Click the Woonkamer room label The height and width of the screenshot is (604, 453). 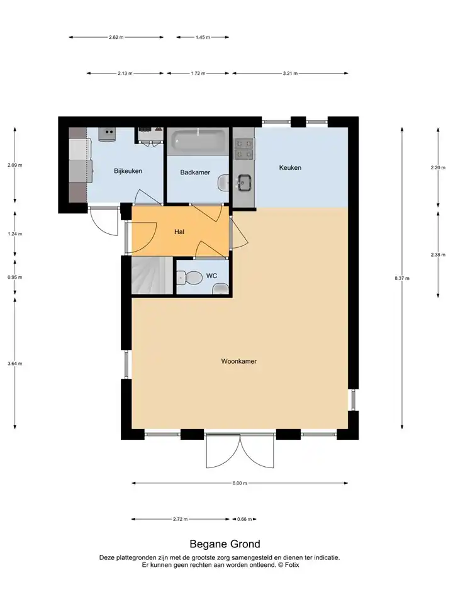tap(239, 361)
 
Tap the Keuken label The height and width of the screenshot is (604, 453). tap(290, 167)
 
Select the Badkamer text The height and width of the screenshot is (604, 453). tap(195, 172)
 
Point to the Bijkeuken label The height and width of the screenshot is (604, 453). tap(128, 171)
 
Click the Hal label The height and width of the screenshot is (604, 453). tap(179, 232)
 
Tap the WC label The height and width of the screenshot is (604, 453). tap(211, 276)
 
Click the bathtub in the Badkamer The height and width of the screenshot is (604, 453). tap(198, 141)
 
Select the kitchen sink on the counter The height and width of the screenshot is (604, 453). tap(244, 182)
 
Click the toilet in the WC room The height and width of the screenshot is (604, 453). tap(189, 277)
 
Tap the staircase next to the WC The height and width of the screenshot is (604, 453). tap(152, 276)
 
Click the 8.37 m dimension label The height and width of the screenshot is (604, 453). tap(402, 278)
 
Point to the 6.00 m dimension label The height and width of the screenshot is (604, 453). tap(240, 483)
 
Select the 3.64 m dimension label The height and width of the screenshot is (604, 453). tap(14, 363)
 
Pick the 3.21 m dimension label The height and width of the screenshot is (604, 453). tap(290, 73)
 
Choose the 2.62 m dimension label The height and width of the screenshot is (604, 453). tap(116, 37)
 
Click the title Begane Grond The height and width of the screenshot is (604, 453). tap(225, 544)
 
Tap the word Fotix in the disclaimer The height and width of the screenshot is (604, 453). tap(291, 565)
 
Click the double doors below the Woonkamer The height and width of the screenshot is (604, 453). tap(240, 450)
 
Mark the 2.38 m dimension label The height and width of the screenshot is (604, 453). tap(438, 255)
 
